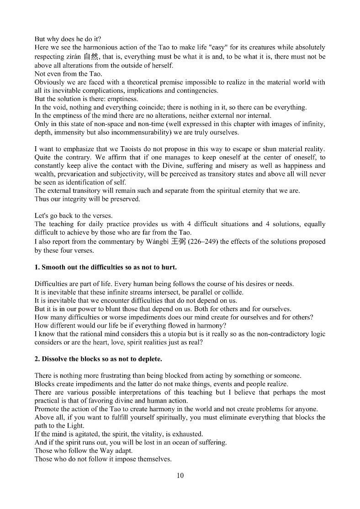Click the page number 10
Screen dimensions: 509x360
[180, 476]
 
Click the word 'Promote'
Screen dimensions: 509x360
[48, 409]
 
